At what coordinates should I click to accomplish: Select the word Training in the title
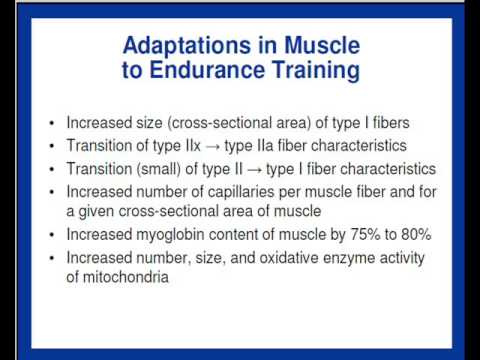coord(322,71)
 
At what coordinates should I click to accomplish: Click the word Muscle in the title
coord(319,46)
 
